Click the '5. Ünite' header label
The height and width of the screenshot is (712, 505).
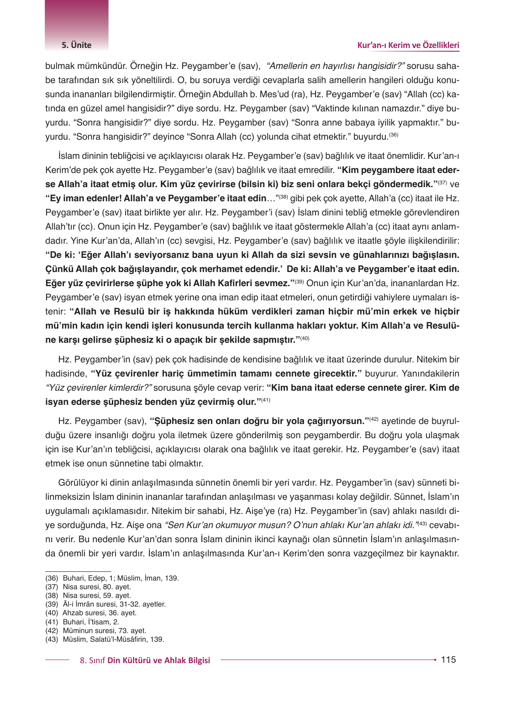point(77,45)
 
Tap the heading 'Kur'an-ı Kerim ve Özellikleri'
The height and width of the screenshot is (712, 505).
point(408,45)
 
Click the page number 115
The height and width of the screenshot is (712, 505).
point(448,660)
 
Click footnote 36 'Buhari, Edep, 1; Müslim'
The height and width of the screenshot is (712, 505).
point(121,578)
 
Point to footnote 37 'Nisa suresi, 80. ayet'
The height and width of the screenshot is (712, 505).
point(96,587)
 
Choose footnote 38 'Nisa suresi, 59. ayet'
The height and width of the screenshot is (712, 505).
point(96,596)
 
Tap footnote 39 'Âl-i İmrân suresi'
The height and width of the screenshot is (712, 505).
point(114,604)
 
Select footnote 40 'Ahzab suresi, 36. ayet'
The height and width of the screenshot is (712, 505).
point(99,613)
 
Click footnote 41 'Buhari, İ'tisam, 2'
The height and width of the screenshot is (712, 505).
point(90,622)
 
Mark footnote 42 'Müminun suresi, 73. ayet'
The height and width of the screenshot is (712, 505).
point(104,630)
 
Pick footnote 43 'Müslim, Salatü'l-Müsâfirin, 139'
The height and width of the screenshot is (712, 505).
point(113,639)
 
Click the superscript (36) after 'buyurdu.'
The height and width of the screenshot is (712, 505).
point(394,135)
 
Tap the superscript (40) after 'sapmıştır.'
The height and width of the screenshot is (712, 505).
point(305,338)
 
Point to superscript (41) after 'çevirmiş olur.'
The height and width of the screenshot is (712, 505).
point(266,400)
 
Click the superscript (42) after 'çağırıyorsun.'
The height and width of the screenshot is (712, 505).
point(374,419)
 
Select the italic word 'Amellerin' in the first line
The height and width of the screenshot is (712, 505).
point(288,66)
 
